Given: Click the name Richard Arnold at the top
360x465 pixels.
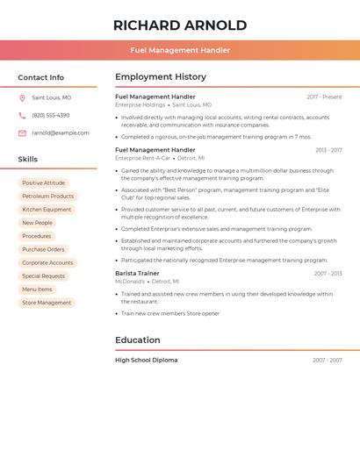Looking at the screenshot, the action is pyautogui.click(x=180, y=25).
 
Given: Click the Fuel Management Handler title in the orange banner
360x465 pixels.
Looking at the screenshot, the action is pyautogui.click(x=180, y=50).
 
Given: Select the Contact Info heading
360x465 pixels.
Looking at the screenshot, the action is pyautogui.click(x=40, y=77).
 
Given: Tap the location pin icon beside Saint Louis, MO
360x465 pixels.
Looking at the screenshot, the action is pyautogui.click(x=22, y=98).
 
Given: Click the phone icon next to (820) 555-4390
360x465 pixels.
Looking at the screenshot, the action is pyautogui.click(x=22, y=116).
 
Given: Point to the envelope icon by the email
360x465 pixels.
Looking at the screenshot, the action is pyautogui.click(x=22, y=133).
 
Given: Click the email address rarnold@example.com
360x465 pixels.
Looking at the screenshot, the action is pyautogui.click(x=61, y=133).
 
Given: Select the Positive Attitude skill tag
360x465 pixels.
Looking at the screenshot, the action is pyautogui.click(x=44, y=183).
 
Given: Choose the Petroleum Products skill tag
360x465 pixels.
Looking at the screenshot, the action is pyautogui.click(x=47, y=197).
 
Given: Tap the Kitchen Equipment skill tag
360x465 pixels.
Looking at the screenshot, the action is pyautogui.click(x=47, y=210).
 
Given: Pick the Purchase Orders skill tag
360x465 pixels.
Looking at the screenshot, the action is pyautogui.click(x=43, y=249).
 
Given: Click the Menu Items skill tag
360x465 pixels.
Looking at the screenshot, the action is pyautogui.click(x=37, y=290).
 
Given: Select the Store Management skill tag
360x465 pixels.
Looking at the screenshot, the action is pyautogui.click(x=47, y=303).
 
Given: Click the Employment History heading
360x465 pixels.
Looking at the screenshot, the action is pyautogui.click(x=161, y=77).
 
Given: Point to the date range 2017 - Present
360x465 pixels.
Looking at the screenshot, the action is pyautogui.click(x=324, y=97).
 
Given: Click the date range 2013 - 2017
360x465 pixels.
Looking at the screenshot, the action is pyautogui.click(x=328, y=150).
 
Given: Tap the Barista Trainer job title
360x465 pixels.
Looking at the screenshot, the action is pyautogui.click(x=137, y=274).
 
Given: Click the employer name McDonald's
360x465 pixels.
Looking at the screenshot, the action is pyautogui.click(x=130, y=282).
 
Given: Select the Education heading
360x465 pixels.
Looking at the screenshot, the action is pyautogui.click(x=138, y=340).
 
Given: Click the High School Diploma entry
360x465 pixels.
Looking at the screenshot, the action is pyautogui.click(x=147, y=360).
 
